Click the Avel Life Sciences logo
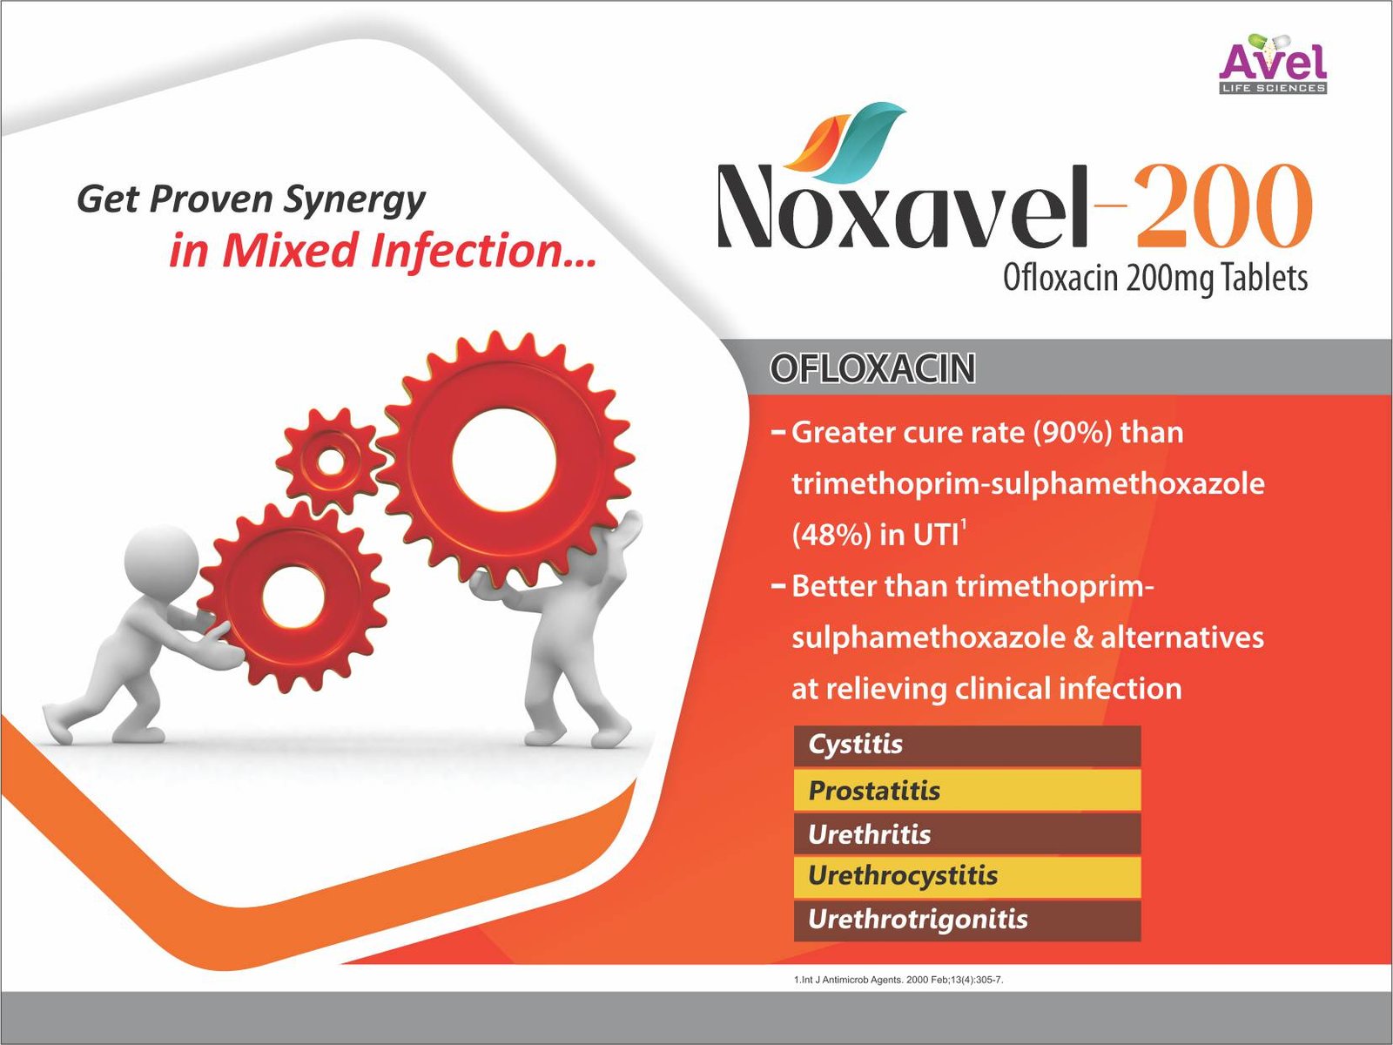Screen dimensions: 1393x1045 (x=1273, y=64)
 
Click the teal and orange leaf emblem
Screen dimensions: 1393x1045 (x=844, y=139)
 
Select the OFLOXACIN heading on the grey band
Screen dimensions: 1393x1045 (x=872, y=369)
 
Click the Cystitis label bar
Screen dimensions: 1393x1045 (x=967, y=745)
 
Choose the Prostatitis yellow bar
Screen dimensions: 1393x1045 (x=967, y=790)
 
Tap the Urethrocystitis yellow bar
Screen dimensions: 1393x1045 (x=967, y=876)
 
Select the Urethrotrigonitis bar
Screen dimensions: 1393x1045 (x=967, y=920)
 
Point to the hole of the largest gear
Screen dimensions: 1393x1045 (x=504, y=460)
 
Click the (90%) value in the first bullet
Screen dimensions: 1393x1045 (x=1073, y=434)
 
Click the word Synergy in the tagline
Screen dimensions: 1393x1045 (x=354, y=201)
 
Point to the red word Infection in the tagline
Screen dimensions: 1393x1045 (x=483, y=251)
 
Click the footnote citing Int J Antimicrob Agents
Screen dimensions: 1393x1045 (x=898, y=980)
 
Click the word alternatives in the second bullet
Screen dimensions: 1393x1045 (x=1181, y=637)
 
